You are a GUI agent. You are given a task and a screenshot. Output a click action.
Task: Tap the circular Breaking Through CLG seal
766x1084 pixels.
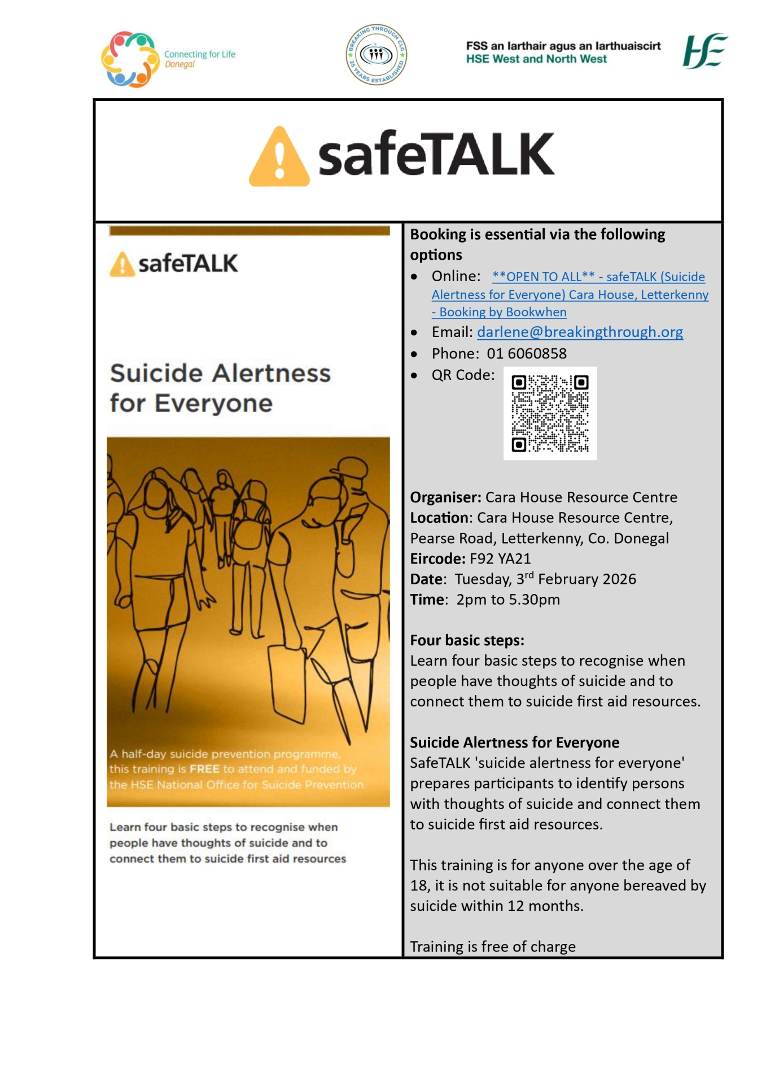376,55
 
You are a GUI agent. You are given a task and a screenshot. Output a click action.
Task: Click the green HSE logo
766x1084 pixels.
704,51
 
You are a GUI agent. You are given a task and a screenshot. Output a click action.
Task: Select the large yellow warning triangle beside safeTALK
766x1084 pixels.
279,158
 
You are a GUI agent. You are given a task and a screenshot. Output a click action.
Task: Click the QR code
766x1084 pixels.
550,413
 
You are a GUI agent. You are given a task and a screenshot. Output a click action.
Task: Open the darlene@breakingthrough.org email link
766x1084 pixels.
580,332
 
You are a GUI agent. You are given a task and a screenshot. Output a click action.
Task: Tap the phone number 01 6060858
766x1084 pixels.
527,354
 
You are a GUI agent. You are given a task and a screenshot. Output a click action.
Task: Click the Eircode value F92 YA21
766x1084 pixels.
500,559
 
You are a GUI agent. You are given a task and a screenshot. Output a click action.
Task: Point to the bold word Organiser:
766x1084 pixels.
445,497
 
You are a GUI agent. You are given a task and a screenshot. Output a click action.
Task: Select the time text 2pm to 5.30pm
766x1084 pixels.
508,600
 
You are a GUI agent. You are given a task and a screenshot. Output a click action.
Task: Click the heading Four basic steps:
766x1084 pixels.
467,640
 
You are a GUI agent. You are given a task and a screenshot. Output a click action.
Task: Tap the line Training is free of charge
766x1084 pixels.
493,947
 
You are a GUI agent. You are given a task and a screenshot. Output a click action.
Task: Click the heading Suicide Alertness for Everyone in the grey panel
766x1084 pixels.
514,742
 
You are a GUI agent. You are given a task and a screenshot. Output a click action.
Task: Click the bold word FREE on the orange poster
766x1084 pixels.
204,769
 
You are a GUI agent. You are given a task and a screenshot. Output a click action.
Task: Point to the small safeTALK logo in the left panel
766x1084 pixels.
174,264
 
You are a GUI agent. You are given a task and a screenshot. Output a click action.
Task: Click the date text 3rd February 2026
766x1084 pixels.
576,579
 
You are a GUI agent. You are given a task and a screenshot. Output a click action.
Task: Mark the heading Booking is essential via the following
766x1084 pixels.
537,235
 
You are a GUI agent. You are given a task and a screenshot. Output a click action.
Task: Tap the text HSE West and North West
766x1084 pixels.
536,59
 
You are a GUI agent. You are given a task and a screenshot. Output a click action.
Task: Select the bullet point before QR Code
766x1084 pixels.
414,375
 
